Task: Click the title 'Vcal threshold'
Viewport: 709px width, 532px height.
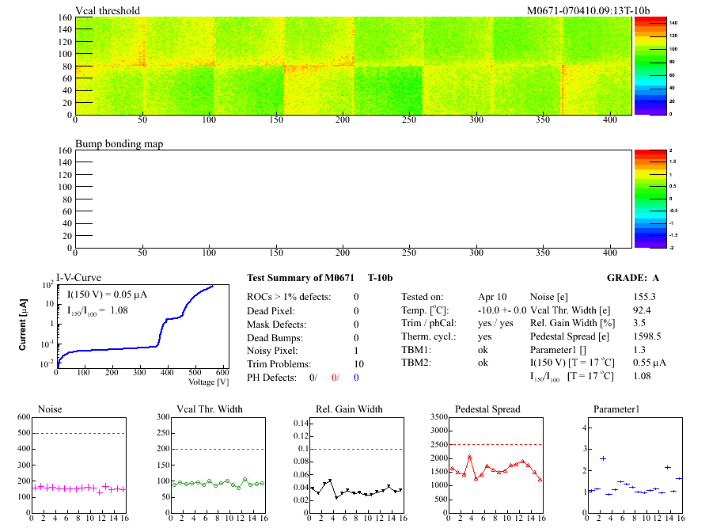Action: pyautogui.click(x=108, y=10)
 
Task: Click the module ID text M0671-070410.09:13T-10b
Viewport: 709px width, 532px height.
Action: pyautogui.click(x=588, y=10)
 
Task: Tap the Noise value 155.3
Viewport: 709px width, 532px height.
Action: pyautogui.click(x=645, y=297)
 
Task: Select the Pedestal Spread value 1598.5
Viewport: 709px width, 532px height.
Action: pyautogui.click(x=647, y=337)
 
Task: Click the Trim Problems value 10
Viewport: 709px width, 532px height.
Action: pyautogui.click(x=355, y=364)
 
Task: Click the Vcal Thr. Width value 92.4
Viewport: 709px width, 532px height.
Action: pyautogui.click(x=642, y=310)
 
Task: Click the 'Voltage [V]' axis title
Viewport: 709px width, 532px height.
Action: pyautogui.click(x=208, y=382)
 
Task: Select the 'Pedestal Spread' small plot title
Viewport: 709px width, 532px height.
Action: pyautogui.click(x=487, y=409)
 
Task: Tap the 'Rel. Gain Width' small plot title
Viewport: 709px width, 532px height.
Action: pyautogui.click(x=349, y=409)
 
